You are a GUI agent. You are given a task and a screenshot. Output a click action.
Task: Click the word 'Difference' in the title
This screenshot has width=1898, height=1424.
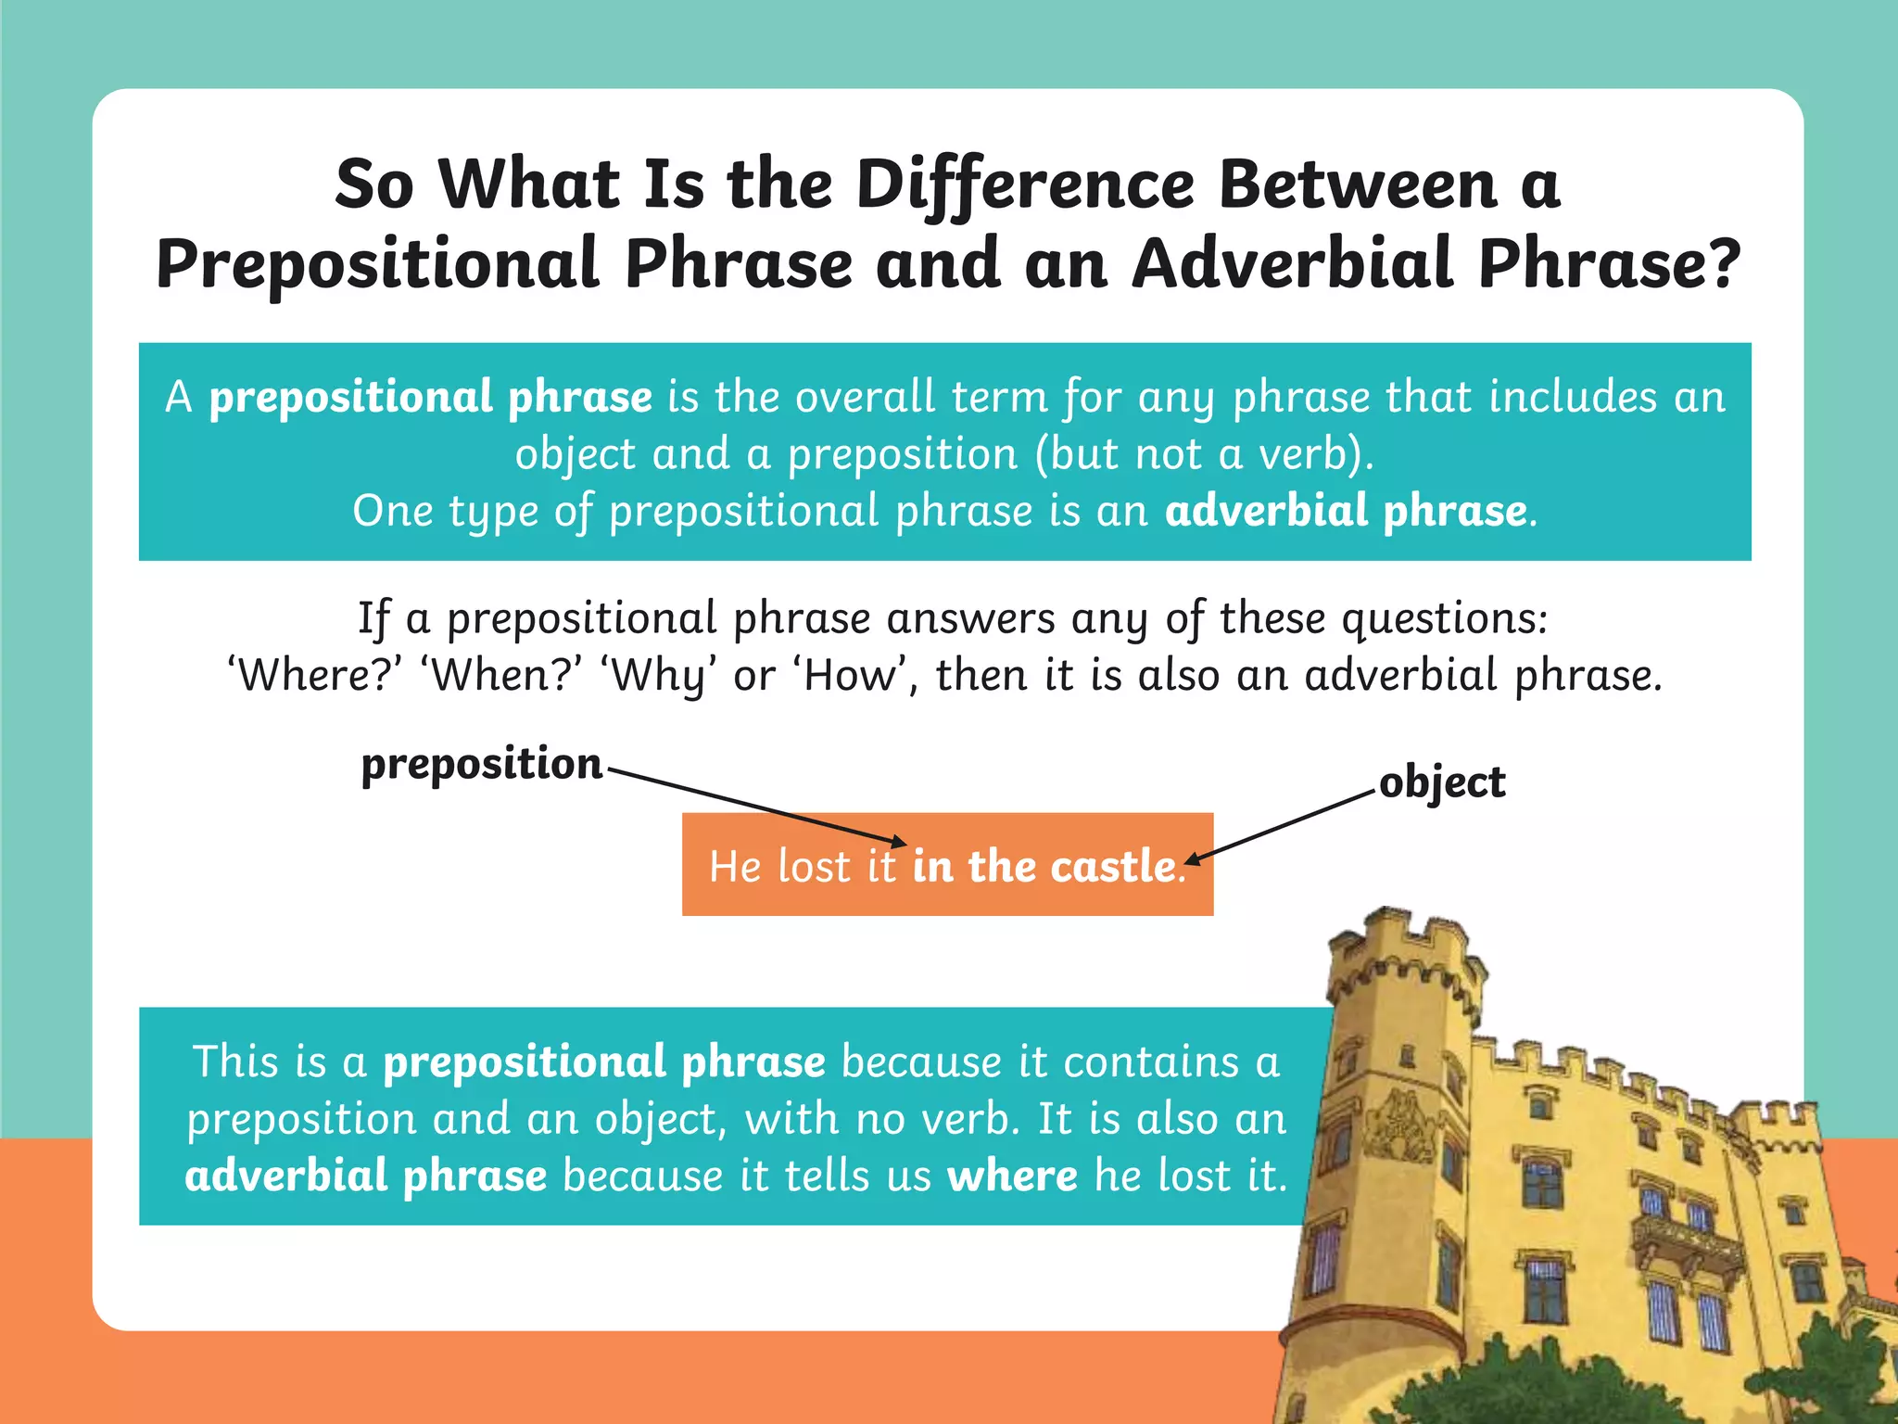[x=1025, y=185]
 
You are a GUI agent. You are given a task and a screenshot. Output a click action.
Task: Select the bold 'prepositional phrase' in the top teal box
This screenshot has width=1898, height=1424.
[x=431, y=398]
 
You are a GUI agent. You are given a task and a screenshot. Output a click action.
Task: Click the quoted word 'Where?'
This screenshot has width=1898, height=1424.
[x=314, y=676]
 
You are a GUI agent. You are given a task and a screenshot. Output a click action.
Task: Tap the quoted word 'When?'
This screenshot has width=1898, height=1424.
[x=505, y=676]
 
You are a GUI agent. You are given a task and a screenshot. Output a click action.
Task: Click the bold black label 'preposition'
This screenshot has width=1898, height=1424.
[x=482, y=764]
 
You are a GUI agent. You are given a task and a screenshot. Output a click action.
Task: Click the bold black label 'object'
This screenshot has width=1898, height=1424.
[x=1442, y=782]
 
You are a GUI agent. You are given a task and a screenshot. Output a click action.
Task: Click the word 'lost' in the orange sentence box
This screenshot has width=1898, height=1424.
[x=814, y=867]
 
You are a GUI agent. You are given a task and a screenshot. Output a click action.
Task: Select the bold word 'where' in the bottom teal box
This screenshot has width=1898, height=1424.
[x=1012, y=1176]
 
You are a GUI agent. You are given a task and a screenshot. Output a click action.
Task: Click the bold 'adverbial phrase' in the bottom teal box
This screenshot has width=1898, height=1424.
[x=366, y=1176]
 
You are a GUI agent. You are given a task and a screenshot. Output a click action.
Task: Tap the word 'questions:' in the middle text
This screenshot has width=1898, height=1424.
[x=1445, y=618]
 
